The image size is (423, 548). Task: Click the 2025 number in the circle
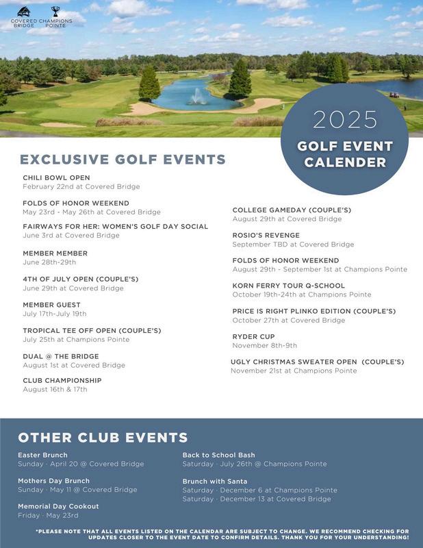(345, 120)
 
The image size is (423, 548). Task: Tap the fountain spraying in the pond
(198, 97)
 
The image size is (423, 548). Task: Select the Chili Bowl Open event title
(56, 177)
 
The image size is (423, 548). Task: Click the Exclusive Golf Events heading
(123, 160)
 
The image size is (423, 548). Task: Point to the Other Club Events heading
(103, 438)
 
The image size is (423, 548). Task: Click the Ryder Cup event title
(253, 336)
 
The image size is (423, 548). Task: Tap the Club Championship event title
(62, 380)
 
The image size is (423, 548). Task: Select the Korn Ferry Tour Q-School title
(289, 286)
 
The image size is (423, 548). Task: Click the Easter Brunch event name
(42, 455)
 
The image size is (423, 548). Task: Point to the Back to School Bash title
(218, 455)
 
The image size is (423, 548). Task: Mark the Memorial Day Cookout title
(58, 506)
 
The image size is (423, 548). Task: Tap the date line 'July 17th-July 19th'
(55, 314)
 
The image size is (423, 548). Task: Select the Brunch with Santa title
(215, 481)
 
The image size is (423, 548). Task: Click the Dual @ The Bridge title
(61, 356)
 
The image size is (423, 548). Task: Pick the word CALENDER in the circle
(345, 162)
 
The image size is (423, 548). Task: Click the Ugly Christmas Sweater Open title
(318, 362)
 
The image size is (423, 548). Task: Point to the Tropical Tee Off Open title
(92, 330)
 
